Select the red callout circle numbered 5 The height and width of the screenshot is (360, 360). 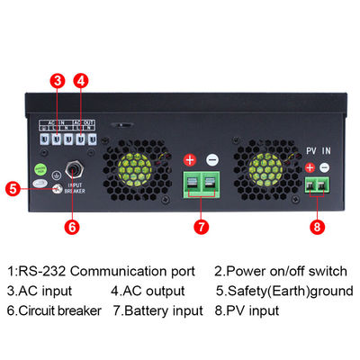point(12,189)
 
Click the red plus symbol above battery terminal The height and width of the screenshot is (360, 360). point(190,160)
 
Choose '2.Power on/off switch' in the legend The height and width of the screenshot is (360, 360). point(278,271)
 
